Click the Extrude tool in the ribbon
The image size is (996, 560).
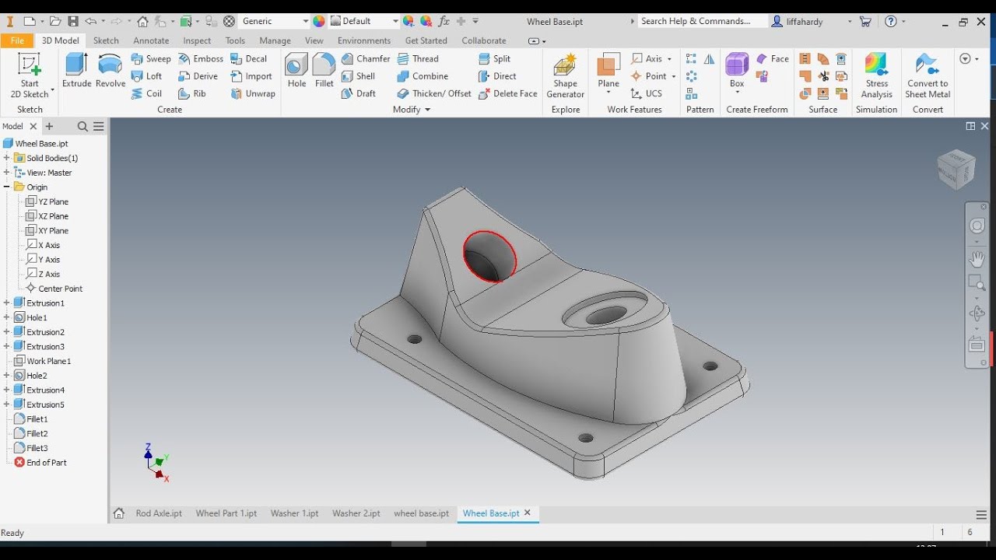[76, 71]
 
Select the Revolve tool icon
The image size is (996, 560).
[110, 71]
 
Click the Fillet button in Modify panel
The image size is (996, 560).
[324, 71]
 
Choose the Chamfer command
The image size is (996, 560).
[366, 58]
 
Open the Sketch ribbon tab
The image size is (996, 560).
[106, 40]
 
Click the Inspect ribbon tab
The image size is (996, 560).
[197, 40]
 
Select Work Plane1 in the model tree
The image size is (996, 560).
[48, 361]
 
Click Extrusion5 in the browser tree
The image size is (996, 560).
[45, 404]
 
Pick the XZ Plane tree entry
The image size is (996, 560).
[53, 216]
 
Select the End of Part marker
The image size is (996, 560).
[46, 463]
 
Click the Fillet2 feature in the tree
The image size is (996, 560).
[37, 433]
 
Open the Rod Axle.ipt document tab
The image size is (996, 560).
[159, 513]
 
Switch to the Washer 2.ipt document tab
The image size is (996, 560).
[356, 513]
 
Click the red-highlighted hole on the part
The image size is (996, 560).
[489, 257]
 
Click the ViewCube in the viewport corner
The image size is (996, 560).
[956, 169]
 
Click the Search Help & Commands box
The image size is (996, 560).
[700, 21]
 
